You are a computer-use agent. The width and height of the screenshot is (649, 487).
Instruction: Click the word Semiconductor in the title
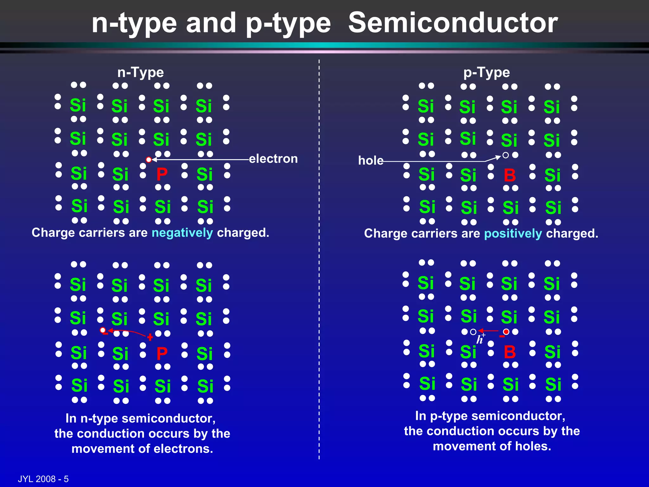tap(453, 23)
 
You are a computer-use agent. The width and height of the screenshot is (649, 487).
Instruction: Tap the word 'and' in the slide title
tap(211, 23)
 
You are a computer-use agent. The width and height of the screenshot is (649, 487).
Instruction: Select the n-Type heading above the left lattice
tap(140, 73)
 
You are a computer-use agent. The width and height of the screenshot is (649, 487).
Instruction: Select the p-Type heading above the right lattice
tap(486, 73)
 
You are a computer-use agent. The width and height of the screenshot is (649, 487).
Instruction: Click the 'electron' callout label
tap(273, 159)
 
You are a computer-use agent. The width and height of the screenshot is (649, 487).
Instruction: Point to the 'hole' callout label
tap(370, 160)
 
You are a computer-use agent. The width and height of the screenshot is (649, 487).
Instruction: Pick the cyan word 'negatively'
tap(182, 233)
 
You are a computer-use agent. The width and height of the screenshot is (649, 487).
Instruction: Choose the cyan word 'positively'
tap(513, 234)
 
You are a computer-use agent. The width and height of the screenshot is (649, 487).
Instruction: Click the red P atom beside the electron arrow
tap(162, 174)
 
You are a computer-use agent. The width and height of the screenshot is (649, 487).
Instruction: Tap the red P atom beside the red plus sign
tap(162, 354)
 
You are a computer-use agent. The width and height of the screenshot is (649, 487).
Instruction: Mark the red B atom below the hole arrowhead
tap(510, 175)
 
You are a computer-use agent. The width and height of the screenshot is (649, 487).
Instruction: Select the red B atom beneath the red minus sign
tap(510, 352)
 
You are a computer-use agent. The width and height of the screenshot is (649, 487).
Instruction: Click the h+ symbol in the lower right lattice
tap(480, 339)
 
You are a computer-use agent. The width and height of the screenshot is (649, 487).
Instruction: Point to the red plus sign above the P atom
tap(150, 337)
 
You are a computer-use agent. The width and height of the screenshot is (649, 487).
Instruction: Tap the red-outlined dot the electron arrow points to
tap(149, 159)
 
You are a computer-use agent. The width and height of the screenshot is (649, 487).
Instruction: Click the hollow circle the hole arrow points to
tap(506, 155)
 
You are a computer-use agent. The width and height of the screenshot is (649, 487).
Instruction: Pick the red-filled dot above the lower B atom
tap(506, 332)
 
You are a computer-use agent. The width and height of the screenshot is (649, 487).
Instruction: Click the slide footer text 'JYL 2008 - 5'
tap(43, 479)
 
